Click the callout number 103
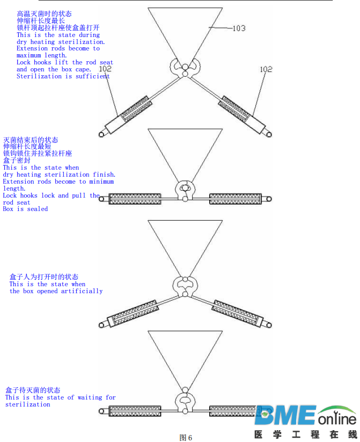click(239, 28)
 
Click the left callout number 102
click(106, 69)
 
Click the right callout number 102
click(266, 69)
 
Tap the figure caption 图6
click(186, 437)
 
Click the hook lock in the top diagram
click(185, 67)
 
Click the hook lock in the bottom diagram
click(185, 401)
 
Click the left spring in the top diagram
click(135, 108)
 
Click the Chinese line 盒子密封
click(17, 161)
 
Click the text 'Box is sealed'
click(25, 209)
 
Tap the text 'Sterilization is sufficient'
click(63, 76)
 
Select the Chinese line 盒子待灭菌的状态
click(33, 390)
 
